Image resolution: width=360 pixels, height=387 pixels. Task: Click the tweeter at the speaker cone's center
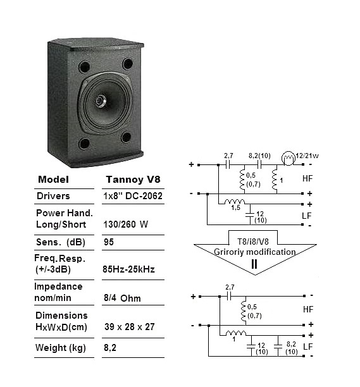pos(101,101)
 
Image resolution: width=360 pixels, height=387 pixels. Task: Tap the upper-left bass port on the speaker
pos(84,66)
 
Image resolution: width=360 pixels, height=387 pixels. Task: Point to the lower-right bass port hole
pos(126,137)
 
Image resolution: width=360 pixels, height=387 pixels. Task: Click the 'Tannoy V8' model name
pos(133,180)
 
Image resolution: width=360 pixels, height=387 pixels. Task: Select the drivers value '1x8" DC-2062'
pos(133,196)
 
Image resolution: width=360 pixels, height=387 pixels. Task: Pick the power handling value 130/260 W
pos(126,224)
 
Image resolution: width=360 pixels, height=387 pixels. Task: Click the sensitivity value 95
pos(109,242)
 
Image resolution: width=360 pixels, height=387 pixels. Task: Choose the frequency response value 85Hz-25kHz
pos(128,269)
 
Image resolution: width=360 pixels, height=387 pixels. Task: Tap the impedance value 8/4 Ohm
pos(122,298)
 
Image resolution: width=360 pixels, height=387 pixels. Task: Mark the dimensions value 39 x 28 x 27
pos(129,327)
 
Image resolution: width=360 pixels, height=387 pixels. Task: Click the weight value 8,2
pos(110,348)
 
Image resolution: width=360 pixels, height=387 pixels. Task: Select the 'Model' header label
pos(53,180)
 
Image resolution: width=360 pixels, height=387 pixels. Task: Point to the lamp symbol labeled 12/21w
pos(288,159)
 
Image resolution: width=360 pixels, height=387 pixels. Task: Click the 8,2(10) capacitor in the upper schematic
pos(259,164)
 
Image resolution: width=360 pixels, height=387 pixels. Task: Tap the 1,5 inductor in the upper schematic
pos(235,202)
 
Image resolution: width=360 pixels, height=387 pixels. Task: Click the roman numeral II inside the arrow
pos(254,264)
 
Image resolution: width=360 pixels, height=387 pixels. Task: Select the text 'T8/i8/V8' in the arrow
pos(253,242)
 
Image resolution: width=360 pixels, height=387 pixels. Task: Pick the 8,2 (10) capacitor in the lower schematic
pos(278,345)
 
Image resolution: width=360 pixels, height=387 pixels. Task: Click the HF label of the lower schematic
pos(308,309)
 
